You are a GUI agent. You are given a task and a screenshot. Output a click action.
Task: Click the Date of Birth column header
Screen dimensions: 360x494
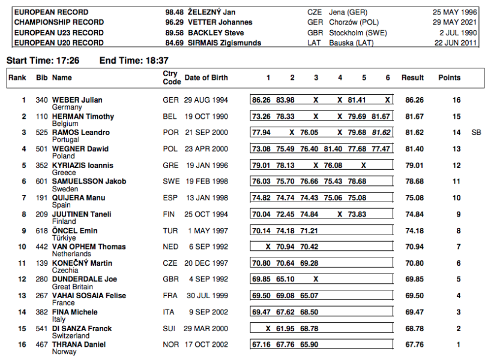(x=206, y=77)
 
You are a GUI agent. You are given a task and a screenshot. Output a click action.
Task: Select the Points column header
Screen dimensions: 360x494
(x=450, y=77)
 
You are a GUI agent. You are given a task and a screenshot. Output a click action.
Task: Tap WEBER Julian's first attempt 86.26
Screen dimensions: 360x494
(x=261, y=100)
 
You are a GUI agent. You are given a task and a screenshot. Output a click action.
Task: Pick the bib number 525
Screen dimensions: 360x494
(x=42, y=133)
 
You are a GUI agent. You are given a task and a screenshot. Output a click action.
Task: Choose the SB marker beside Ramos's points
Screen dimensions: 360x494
(x=477, y=133)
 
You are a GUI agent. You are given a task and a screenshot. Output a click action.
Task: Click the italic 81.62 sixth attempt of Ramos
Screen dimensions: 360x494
(x=381, y=133)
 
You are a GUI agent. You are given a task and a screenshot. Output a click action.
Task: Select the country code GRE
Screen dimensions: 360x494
(x=171, y=165)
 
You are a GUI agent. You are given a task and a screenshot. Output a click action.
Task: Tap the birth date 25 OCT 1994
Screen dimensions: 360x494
(x=206, y=214)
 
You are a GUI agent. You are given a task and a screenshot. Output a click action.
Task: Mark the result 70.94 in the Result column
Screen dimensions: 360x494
(x=414, y=247)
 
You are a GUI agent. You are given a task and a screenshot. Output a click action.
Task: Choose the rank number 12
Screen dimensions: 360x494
(x=22, y=279)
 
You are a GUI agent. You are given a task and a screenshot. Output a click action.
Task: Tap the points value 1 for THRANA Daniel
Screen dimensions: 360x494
(x=457, y=344)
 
